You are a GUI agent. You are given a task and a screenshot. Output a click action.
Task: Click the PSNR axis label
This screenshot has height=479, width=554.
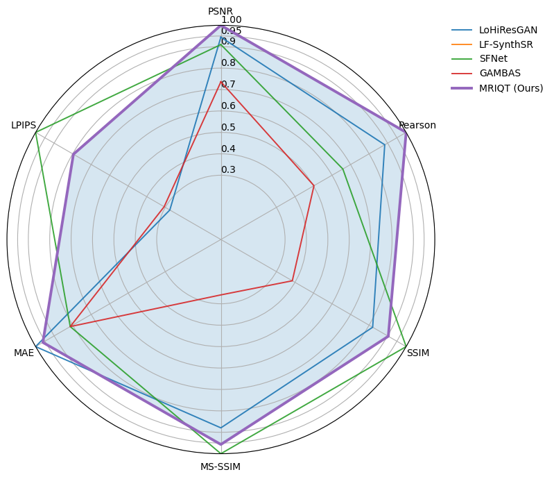(x=220, y=11)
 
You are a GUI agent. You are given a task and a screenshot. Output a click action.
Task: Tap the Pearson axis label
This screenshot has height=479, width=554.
(x=417, y=126)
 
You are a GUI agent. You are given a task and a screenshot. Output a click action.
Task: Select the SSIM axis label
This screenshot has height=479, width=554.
(x=417, y=353)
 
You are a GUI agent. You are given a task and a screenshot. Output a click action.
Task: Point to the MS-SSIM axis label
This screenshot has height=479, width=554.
(x=220, y=467)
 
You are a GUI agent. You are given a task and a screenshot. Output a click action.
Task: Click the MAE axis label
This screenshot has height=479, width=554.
(x=24, y=353)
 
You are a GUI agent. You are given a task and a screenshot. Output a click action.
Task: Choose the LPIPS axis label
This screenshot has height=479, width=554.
(x=24, y=126)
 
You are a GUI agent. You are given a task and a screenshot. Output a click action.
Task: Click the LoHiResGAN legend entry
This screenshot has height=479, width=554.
(x=508, y=30)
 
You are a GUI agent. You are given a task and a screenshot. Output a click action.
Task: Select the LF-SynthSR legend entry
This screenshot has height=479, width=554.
(x=506, y=44)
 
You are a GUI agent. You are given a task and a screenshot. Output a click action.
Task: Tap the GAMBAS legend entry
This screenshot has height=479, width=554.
(x=499, y=74)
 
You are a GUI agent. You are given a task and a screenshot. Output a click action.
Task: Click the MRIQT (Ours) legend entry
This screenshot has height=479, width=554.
(x=510, y=88)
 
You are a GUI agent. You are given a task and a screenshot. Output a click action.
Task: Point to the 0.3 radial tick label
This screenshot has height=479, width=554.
(x=228, y=170)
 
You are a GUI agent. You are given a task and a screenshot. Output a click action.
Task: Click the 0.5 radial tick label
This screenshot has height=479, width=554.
(x=228, y=128)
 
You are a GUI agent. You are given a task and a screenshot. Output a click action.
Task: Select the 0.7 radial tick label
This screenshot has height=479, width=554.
(x=228, y=85)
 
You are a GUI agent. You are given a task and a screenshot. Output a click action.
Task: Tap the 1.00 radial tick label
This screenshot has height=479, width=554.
(x=232, y=20)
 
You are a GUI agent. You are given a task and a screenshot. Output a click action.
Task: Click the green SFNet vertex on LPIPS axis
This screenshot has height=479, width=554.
(x=36, y=133)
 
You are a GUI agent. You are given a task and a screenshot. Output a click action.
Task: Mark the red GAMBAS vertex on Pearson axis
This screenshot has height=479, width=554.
(x=313, y=185)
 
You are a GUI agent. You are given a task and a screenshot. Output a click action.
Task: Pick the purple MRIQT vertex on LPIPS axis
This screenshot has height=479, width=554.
(x=73, y=154)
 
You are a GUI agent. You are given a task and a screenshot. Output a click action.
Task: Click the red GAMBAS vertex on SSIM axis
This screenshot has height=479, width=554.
(x=292, y=281)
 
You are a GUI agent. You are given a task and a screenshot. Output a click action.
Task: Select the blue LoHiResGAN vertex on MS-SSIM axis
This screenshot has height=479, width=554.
(x=221, y=428)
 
